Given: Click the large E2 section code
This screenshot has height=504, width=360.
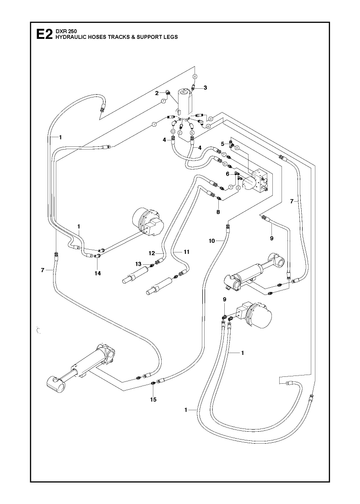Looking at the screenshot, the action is point(44,34).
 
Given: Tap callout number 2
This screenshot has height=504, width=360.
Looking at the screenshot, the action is point(157,93).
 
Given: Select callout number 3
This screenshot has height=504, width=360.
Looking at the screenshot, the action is point(205,88).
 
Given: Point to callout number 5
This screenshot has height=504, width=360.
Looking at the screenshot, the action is point(222,144).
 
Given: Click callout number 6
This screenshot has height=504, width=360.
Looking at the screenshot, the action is point(228,174).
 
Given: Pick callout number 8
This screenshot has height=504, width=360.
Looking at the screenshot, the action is point(218,212).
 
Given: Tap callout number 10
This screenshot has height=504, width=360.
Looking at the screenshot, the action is point(212,241).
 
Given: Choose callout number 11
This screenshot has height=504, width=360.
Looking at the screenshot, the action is point(186,252).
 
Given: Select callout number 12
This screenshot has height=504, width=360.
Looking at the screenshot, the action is point(152,253).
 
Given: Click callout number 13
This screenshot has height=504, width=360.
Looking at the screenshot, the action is point(138,264).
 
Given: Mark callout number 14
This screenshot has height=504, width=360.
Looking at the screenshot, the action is point(98,273).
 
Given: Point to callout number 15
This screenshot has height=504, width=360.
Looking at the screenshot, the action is point(153,400).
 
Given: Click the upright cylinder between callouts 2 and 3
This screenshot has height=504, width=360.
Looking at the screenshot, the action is point(185,100).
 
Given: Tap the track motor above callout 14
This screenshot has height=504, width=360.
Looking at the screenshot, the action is point(149,221).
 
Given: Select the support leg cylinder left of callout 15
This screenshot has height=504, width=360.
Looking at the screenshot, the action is point(81,367).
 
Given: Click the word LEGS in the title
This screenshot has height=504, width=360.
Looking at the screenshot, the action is point(171,37).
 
